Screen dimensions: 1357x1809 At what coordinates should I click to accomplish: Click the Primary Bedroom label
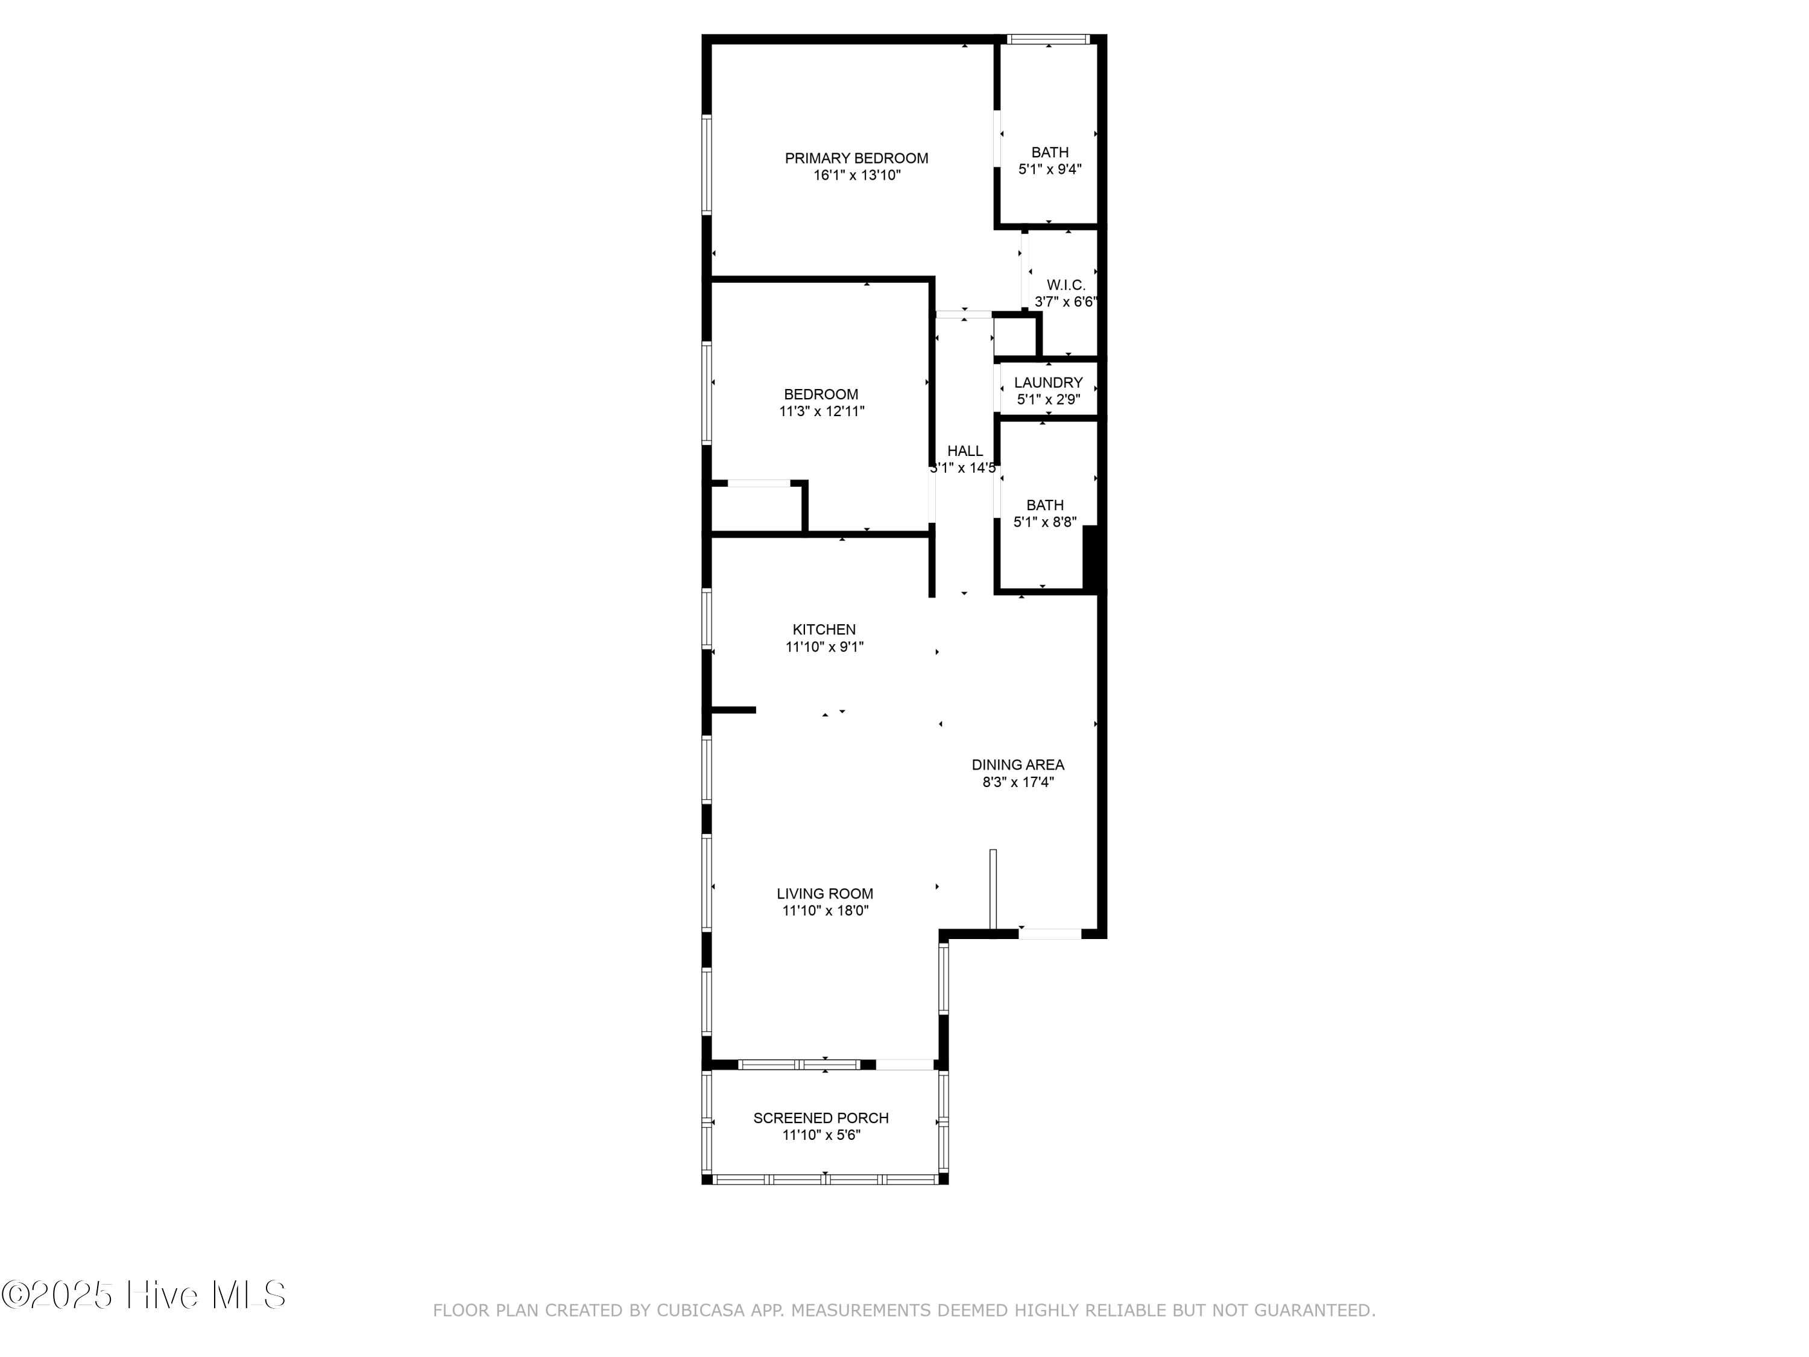point(856,159)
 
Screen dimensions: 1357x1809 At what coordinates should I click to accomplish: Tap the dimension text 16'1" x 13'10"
point(856,175)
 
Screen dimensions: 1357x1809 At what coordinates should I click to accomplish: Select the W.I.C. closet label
point(1066,285)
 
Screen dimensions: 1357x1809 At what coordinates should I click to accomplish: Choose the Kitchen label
point(824,630)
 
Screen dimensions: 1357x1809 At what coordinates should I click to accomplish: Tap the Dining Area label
point(1017,765)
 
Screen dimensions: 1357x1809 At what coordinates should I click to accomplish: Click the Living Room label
point(824,894)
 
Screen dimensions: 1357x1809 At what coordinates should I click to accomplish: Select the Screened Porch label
point(820,1118)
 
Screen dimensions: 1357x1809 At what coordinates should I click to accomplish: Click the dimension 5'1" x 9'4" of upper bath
point(1049,169)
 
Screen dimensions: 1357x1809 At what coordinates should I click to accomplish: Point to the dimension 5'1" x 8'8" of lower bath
point(1044,522)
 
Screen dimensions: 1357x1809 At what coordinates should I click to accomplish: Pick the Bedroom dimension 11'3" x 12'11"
point(821,411)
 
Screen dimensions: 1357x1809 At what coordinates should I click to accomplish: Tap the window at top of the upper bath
point(1047,39)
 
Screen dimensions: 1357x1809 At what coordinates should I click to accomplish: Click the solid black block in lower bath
point(1090,557)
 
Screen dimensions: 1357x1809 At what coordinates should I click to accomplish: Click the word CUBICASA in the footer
point(700,1311)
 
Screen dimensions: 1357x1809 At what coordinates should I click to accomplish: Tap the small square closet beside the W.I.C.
point(1014,336)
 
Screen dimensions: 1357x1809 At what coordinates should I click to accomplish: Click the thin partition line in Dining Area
point(993,890)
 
